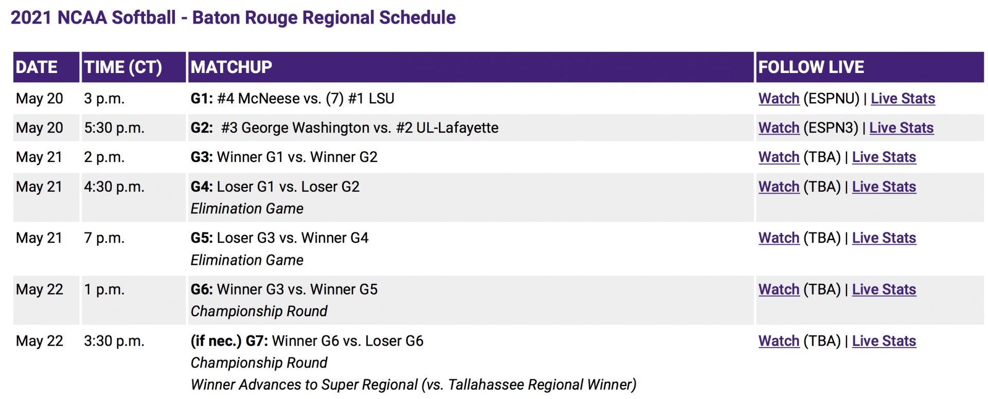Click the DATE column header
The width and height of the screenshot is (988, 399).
37,67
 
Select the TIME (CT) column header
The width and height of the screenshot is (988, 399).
123,67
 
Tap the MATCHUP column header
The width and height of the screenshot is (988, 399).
232,67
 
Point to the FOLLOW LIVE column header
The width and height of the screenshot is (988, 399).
811,67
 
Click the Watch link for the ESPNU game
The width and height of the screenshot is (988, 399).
779,98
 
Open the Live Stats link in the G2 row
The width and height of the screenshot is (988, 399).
902,128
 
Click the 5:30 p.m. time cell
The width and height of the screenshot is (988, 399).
114,128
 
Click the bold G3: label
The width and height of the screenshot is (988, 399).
202,157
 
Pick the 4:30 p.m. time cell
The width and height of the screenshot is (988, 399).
114,187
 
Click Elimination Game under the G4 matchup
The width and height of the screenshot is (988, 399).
247,209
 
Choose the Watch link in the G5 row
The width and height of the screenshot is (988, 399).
779,238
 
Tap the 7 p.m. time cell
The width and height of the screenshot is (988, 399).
104,238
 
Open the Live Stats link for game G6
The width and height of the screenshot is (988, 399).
884,289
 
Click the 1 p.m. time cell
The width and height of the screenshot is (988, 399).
104,289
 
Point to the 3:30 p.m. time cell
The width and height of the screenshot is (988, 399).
114,341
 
